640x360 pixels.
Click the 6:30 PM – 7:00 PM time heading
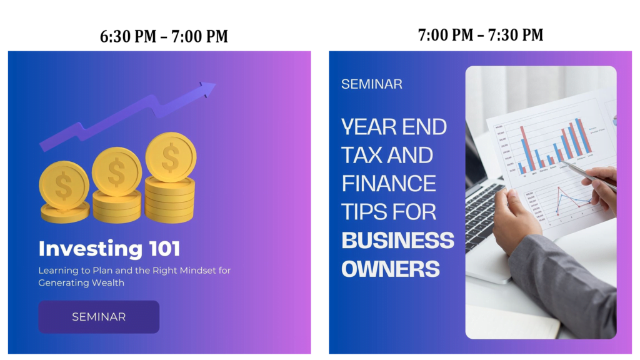point(164,36)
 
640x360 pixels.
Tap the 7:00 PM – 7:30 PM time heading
point(481,35)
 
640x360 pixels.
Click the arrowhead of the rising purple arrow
point(207,89)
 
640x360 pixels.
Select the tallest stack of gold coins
point(171,177)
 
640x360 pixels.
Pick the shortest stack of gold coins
point(64,192)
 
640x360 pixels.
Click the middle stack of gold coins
point(117,184)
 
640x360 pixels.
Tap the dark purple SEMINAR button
point(99,317)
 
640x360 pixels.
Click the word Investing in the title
point(90,249)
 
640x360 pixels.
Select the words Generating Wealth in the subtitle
point(81,283)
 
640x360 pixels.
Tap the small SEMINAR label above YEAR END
point(372,84)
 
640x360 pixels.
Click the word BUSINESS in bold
point(398,240)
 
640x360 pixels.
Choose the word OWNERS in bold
point(391,269)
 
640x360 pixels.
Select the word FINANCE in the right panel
point(389,183)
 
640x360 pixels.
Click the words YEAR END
point(394,126)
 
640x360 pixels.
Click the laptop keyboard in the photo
point(483,214)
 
